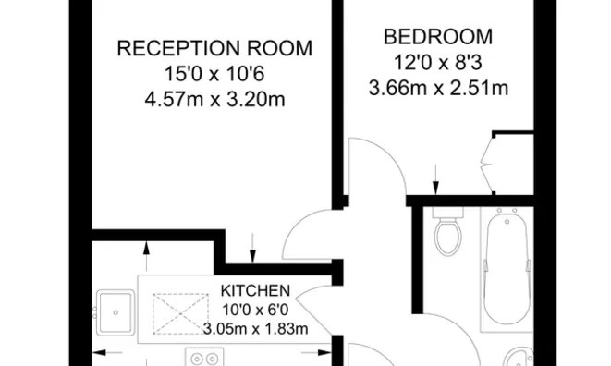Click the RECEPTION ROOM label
point(214,48)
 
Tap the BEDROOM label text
point(438,38)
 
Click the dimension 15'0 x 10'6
point(214,74)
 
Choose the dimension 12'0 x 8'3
point(438,64)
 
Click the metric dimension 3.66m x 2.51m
point(438,90)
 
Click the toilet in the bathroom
point(448,235)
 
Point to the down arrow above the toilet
point(435,178)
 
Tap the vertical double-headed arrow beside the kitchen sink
point(147,256)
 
